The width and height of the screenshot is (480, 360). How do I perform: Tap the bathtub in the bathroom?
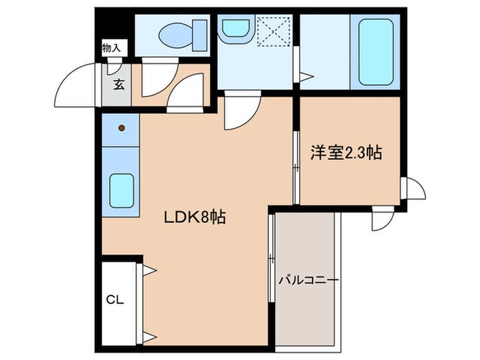pos(376,51)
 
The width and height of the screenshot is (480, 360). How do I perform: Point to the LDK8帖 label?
pos(194,217)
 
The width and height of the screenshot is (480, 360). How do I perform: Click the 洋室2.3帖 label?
pos(346,154)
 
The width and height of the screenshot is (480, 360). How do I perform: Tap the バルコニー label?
pos(309,280)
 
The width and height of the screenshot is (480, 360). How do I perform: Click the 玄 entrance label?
pos(119,86)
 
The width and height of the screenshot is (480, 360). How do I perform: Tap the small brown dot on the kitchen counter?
pos(121,128)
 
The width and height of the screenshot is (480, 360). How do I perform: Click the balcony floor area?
pos(307,309)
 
